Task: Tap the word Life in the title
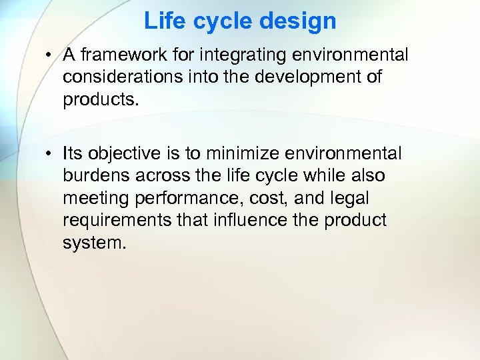pyautogui.click(x=161, y=21)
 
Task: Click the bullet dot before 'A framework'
pyautogui.click(x=50, y=56)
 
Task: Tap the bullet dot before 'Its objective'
pyautogui.click(x=50, y=154)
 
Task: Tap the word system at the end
pyautogui.click(x=93, y=242)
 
